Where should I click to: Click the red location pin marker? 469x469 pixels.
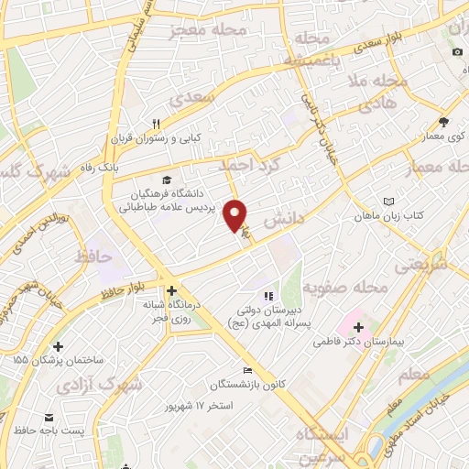tap(236, 214)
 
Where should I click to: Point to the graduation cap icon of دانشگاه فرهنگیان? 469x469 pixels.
tap(166, 179)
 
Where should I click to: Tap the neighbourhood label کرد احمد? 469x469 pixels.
tap(248, 165)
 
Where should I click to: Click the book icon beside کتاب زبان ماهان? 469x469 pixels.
tap(390, 202)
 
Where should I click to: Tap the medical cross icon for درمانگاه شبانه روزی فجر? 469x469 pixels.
tap(171, 291)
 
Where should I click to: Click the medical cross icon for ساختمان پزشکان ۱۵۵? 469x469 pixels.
tap(59, 346)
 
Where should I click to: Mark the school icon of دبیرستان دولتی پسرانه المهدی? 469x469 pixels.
tap(268, 296)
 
